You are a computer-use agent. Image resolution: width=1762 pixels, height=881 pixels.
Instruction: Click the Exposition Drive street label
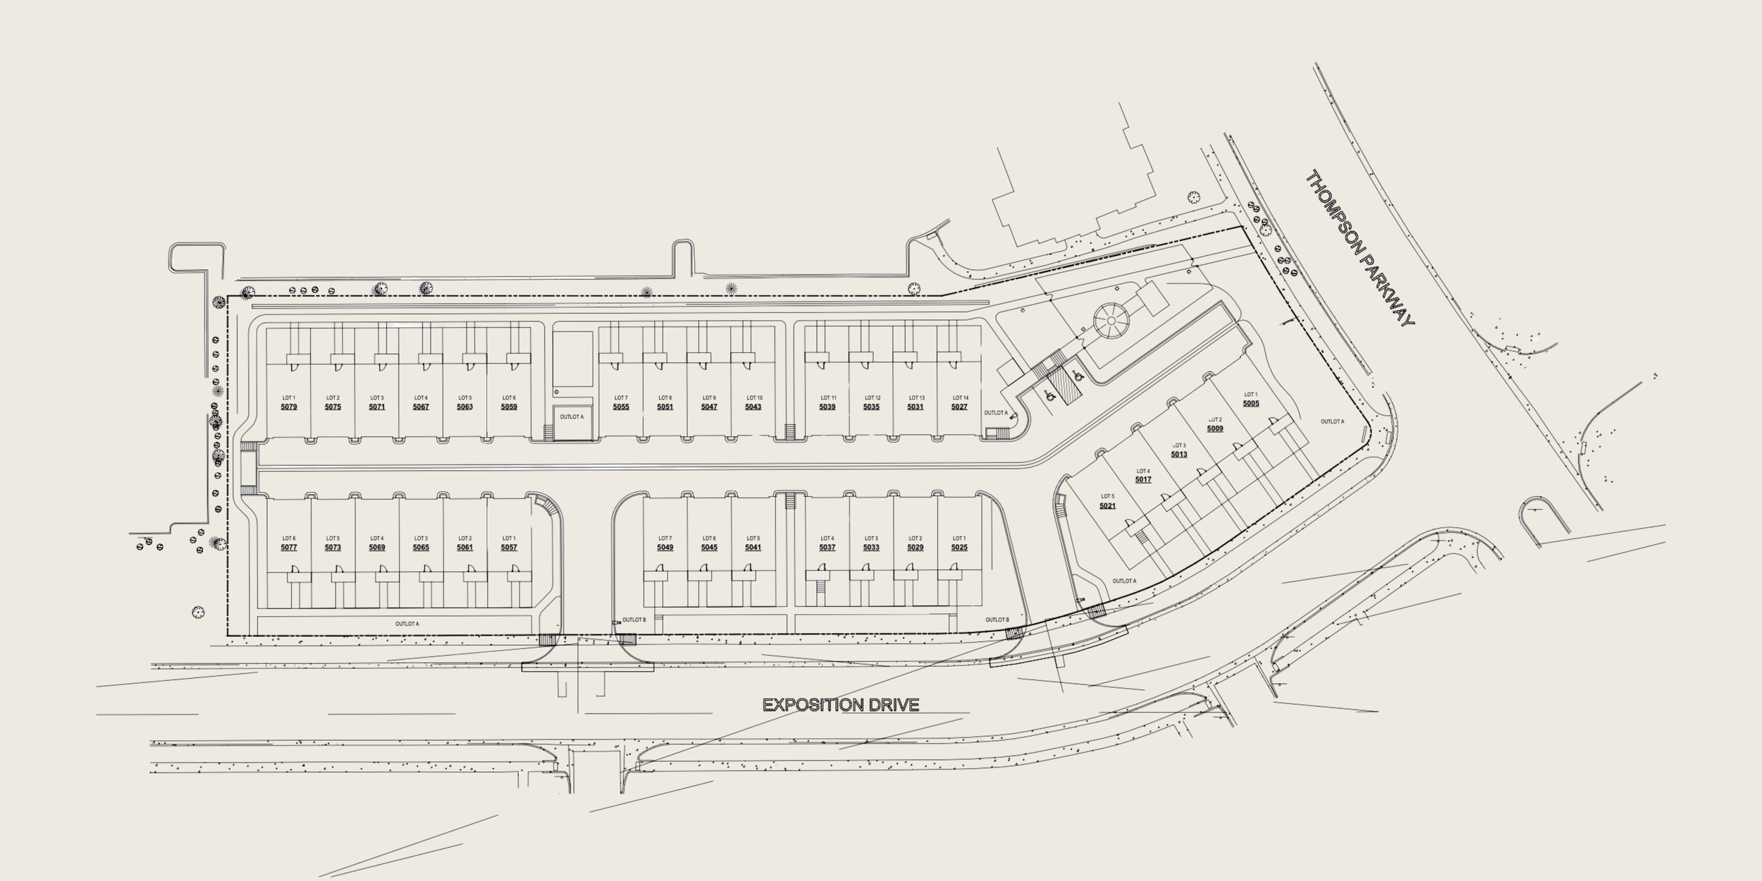click(841, 705)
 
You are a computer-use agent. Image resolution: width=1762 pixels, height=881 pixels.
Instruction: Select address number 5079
click(289, 407)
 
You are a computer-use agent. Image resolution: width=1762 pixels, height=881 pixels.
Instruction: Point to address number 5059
click(509, 407)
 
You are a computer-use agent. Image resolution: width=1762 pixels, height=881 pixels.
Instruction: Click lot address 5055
click(621, 407)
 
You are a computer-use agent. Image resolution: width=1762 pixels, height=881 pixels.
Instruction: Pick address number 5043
click(753, 407)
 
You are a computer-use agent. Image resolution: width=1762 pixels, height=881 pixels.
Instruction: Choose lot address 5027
click(959, 407)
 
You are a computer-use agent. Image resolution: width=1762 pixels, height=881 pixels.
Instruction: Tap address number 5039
click(827, 407)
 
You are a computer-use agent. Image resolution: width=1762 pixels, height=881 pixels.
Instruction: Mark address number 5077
click(289, 548)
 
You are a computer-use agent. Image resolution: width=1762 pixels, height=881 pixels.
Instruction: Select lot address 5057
click(509, 548)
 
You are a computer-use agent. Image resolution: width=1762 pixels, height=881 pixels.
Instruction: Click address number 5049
click(665, 548)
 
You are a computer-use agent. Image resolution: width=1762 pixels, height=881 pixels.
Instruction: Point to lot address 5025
click(959, 548)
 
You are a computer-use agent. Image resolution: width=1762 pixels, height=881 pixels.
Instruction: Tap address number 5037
click(827, 548)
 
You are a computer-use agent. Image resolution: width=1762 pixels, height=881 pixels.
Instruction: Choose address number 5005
click(1251, 404)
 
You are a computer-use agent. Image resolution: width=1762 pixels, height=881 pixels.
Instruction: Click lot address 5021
click(1107, 506)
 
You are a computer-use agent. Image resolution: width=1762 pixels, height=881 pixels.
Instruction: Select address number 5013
click(1179, 455)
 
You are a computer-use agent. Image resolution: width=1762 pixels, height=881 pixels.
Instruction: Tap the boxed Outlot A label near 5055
click(572, 417)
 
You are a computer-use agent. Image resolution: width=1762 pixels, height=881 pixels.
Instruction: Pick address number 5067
click(421, 407)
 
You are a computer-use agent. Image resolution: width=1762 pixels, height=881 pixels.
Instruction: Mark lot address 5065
click(421, 548)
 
